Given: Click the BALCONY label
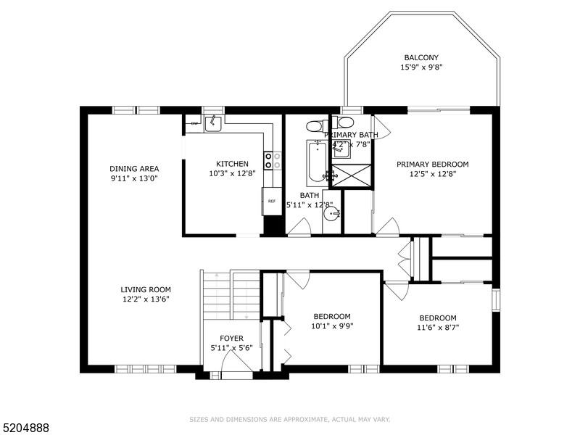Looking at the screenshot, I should tap(421, 58).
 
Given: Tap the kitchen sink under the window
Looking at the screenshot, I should tap(213, 124).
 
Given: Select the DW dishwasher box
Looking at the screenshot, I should tap(194, 124).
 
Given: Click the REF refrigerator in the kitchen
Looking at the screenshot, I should tap(272, 201).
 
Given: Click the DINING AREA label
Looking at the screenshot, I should tap(134, 168).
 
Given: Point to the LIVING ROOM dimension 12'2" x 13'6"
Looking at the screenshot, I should tap(145, 299).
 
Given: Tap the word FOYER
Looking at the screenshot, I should tap(232, 339).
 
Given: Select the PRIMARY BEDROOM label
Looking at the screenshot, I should tap(432, 164).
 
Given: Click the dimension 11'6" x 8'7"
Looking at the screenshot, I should tap(438, 327).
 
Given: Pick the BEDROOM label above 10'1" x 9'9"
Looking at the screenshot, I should tap(332, 316).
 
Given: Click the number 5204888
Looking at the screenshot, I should tap(25, 427).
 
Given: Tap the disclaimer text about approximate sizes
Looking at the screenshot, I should tap(290, 419).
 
